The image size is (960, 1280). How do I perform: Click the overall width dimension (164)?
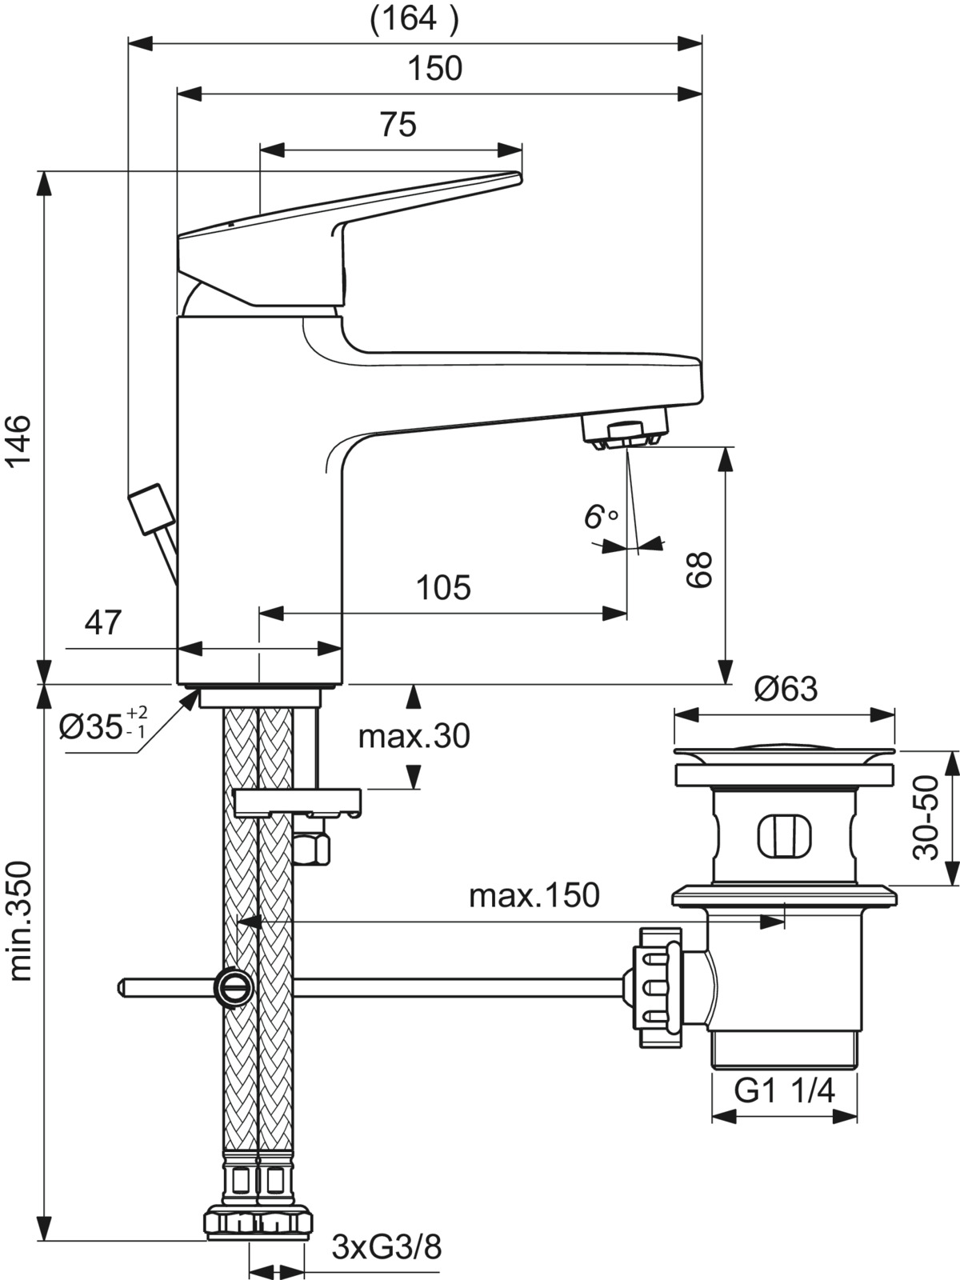[414, 18]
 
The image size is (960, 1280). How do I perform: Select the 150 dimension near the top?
[435, 68]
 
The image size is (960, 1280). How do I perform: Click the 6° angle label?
[600, 517]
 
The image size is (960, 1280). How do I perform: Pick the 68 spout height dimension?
[699, 569]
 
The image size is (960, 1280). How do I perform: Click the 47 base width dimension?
[103, 622]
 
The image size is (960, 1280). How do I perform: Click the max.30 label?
[414, 736]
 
